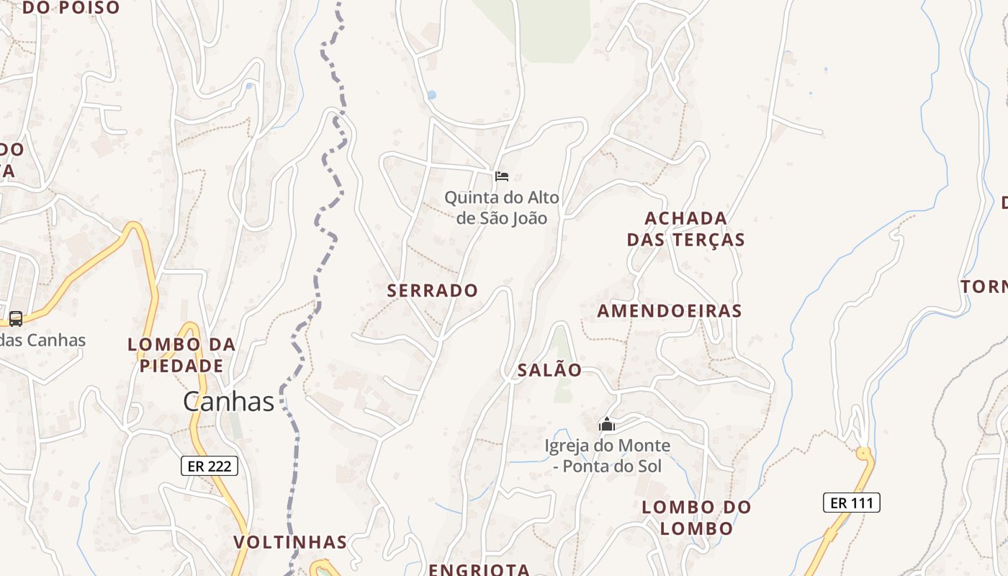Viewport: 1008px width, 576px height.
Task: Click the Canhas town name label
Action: pos(228,401)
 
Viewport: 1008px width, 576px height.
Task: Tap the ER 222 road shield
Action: pos(209,466)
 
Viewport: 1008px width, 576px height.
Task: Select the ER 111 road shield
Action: pos(851,503)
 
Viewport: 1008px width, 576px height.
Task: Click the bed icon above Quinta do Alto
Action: pos(502,176)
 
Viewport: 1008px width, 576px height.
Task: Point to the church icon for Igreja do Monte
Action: pos(607,425)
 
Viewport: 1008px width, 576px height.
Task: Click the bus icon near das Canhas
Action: pos(15,318)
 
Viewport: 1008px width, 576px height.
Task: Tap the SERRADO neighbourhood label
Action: pos(432,290)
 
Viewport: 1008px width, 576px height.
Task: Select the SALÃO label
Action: pos(549,370)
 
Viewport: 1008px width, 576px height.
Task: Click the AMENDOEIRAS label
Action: pos(669,310)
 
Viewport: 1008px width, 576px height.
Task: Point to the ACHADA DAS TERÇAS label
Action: pos(685,228)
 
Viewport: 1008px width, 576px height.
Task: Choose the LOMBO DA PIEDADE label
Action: pos(181,355)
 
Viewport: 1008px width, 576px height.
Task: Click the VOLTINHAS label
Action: pos(290,541)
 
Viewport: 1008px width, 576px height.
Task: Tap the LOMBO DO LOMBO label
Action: pos(696,517)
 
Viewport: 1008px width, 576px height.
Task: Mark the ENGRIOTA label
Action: pos(479,569)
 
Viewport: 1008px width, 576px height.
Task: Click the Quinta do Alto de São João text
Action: pos(501,207)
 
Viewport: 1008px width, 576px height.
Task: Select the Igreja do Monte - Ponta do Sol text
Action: pos(607,456)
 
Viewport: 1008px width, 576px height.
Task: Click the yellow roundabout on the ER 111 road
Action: pos(863,454)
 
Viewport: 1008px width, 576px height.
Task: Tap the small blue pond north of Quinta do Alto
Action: pos(431,95)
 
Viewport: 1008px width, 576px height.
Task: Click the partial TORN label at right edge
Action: pos(984,287)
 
